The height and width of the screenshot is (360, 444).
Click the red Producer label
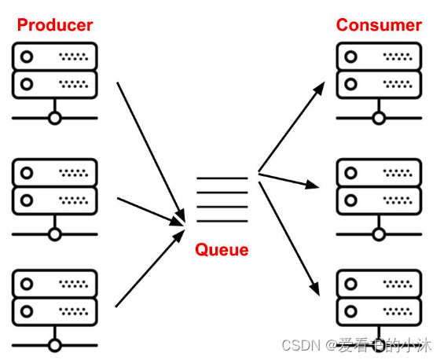point(55,25)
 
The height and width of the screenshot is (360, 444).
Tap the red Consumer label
point(379,25)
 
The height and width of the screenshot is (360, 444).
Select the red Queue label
point(222,250)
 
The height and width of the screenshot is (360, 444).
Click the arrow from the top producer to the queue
point(151,152)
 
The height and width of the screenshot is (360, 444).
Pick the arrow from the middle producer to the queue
point(151,211)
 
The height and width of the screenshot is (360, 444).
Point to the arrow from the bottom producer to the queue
point(150,268)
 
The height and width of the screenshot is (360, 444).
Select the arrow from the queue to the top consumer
point(292,127)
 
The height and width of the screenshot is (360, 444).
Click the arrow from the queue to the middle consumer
point(288,181)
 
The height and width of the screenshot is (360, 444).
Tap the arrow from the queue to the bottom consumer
point(289,239)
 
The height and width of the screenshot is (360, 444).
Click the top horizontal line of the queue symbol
point(222,178)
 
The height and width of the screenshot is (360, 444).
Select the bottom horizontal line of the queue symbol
point(222,221)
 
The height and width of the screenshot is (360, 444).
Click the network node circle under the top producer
point(55,118)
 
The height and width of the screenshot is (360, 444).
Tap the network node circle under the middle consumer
point(379,234)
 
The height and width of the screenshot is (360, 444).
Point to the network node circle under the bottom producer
point(55,346)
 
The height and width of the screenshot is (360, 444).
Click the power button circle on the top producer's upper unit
point(27,57)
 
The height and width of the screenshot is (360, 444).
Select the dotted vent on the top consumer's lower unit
point(398,84)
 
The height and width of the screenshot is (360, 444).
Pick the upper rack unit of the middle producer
point(55,172)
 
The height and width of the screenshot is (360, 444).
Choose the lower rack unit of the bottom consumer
point(379,311)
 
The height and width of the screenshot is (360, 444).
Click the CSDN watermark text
point(357,345)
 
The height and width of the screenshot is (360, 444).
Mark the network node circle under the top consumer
point(379,118)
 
